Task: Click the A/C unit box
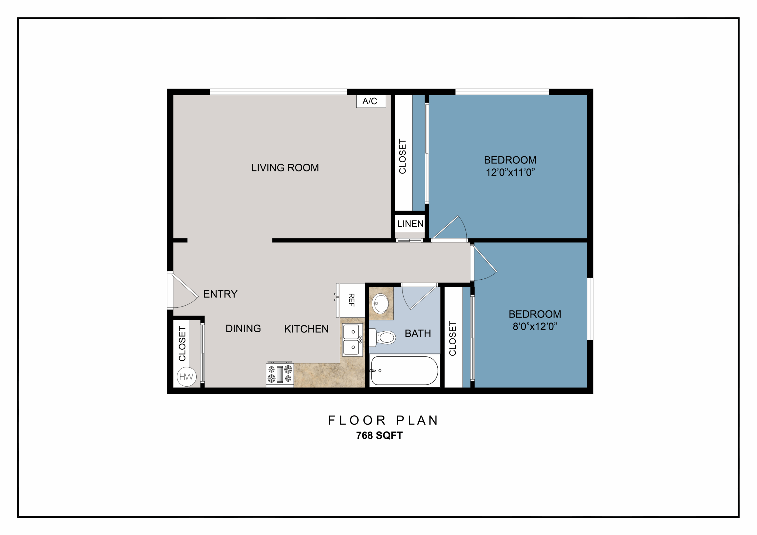click(371, 101)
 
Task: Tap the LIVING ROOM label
click(285, 168)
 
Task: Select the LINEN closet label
click(410, 224)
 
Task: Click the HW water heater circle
click(187, 377)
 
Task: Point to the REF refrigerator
click(352, 300)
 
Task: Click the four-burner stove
click(280, 374)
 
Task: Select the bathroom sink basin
click(380, 303)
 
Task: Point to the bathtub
click(405, 371)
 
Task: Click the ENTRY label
click(220, 294)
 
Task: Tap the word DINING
click(243, 329)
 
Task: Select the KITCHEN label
click(306, 329)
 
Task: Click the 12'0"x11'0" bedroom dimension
click(510, 172)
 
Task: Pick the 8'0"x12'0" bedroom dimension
click(535, 326)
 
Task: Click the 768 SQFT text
click(379, 435)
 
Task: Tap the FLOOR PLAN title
click(383, 420)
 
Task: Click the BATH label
click(418, 334)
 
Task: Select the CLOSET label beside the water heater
click(182, 344)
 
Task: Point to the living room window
click(278, 92)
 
